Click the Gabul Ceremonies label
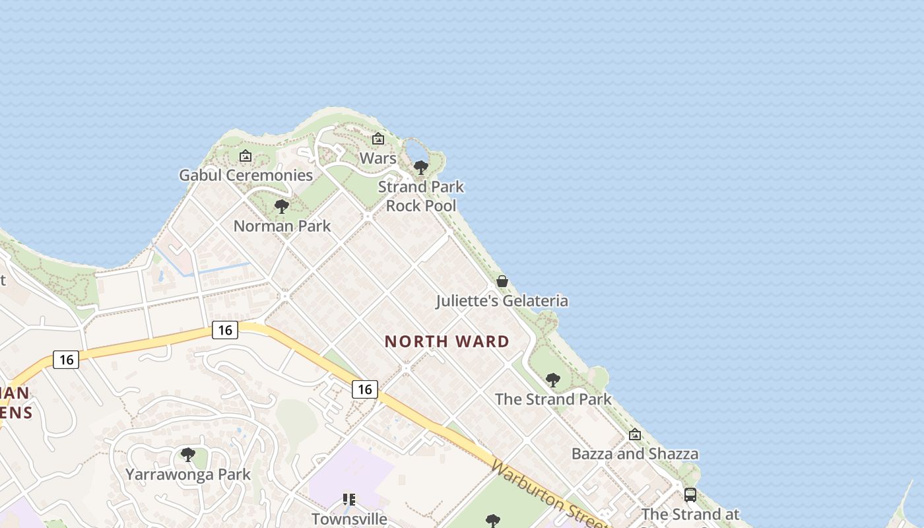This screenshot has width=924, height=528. (246, 176)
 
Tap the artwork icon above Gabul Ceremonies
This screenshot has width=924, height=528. (246, 156)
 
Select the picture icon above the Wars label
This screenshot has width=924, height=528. (378, 139)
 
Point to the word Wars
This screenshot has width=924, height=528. (378, 158)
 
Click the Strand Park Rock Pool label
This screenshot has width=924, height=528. (421, 196)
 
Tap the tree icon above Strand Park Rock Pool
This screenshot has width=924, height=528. (421, 168)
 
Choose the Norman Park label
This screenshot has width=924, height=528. (282, 226)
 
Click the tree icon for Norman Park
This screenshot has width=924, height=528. (282, 207)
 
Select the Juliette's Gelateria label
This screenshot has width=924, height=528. (502, 301)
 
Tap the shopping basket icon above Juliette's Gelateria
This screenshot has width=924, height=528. (502, 282)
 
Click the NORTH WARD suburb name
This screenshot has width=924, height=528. (447, 341)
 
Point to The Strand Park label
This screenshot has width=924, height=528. (553, 399)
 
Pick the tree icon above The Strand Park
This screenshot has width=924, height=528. (553, 380)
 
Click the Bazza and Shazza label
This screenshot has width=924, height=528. (634, 454)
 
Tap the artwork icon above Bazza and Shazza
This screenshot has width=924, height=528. (635, 435)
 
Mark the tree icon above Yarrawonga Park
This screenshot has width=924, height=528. (188, 455)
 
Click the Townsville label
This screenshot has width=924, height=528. (349, 519)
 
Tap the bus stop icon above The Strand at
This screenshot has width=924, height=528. (690, 495)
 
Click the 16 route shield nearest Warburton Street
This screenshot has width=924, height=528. (364, 389)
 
